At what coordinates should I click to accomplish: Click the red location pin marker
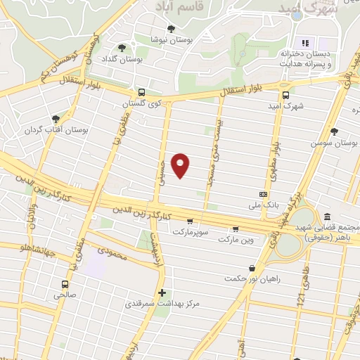coord(181,166)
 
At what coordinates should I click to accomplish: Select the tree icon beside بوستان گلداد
coord(123,48)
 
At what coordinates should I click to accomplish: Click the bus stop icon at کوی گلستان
coord(142,92)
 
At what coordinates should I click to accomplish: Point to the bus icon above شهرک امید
coord(285,95)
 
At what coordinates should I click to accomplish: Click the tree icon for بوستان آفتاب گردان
coord(56,119)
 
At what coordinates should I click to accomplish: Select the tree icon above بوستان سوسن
coord(334,131)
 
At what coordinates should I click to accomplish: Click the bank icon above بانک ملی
coord(264,194)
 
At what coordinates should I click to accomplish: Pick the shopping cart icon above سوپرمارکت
coord(189,221)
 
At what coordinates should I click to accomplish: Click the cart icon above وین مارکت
coord(235,229)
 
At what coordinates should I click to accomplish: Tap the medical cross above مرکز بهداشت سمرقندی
coord(162,292)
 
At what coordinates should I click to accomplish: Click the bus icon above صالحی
coord(65,285)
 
